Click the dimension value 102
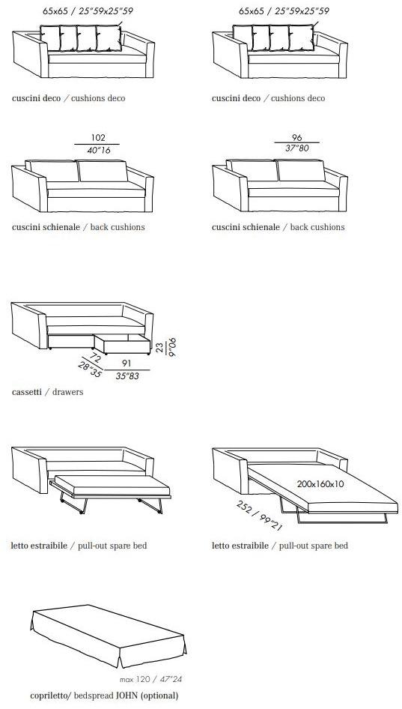(x=98, y=138)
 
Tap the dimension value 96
(x=296, y=137)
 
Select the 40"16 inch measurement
(x=99, y=150)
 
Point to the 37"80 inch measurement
(x=296, y=148)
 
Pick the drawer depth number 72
(x=94, y=357)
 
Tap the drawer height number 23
(x=160, y=346)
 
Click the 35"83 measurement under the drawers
(x=127, y=375)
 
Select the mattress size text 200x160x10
(x=320, y=484)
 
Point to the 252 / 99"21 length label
(x=259, y=516)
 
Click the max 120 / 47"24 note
(x=151, y=679)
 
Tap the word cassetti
(x=27, y=392)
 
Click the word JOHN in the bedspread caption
(x=127, y=696)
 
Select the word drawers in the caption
(x=68, y=392)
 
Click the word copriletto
(x=46, y=696)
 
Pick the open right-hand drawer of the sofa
(x=122, y=344)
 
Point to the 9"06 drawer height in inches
(x=171, y=347)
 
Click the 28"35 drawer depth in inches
(x=90, y=371)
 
